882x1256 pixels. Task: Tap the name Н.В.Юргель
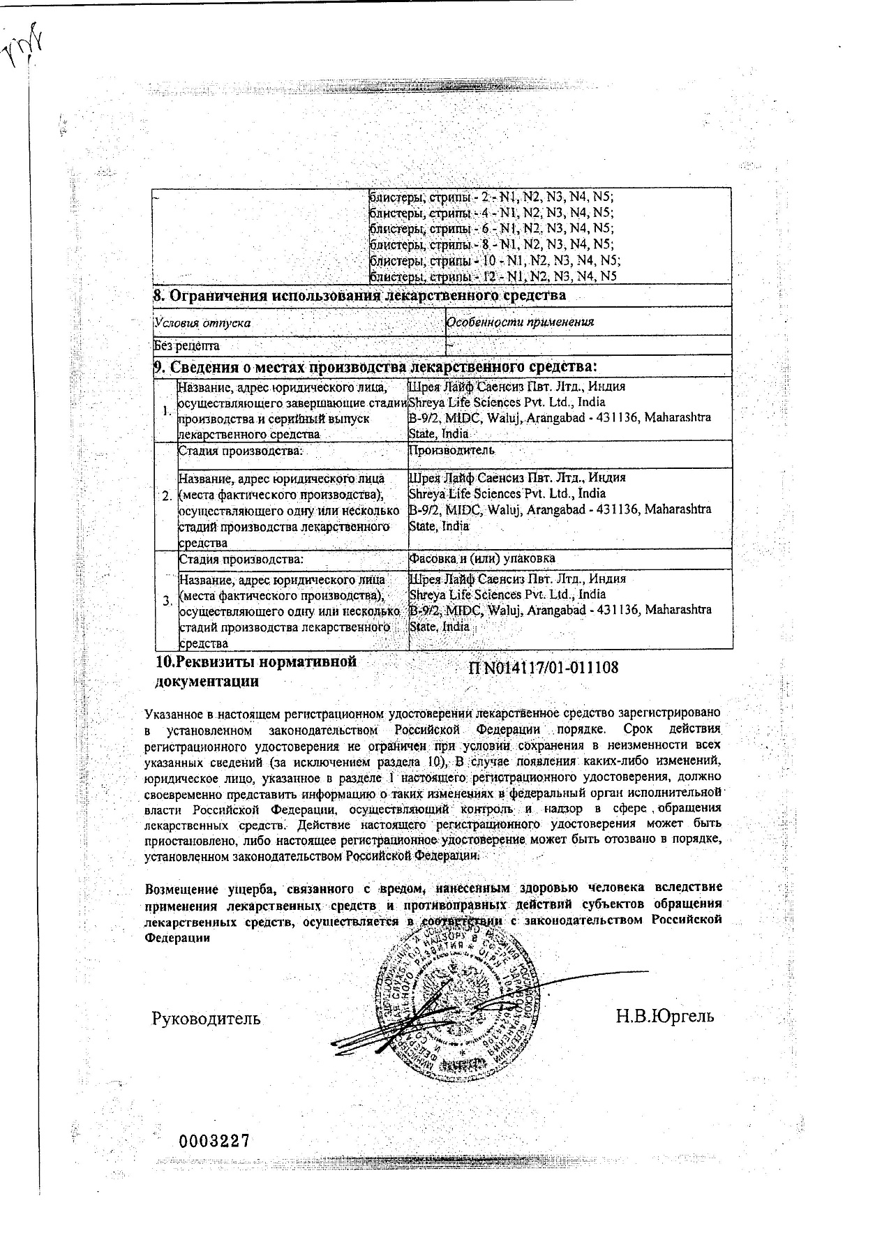(665, 1015)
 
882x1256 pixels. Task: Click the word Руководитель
(207, 1018)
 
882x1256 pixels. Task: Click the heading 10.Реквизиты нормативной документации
(255, 671)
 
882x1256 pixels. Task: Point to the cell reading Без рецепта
(187, 345)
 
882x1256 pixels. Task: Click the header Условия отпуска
(203, 323)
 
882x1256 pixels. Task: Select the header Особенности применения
(521, 322)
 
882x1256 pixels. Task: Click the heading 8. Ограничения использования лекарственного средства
(360, 296)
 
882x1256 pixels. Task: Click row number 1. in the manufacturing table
(166, 410)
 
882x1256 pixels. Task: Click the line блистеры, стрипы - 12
(493, 276)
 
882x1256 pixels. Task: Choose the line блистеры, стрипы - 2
(491, 197)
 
